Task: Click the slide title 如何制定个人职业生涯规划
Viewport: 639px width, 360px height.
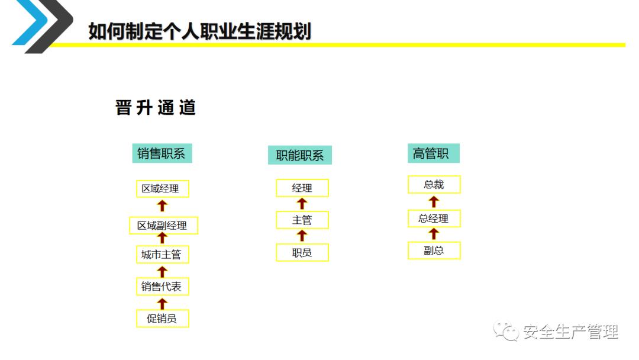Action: tap(199, 31)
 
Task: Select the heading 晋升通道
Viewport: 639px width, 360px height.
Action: tap(156, 108)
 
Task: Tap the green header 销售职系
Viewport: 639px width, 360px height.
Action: tap(162, 153)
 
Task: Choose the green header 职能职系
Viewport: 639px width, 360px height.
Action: tap(300, 155)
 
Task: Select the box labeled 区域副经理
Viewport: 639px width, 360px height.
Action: tap(163, 226)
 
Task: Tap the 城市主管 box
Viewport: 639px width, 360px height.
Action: tap(162, 255)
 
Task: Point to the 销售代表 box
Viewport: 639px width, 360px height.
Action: tap(162, 287)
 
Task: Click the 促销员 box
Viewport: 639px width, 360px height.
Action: tap(162, 319)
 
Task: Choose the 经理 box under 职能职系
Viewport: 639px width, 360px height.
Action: tap(302, 188)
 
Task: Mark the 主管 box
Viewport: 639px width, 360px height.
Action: tap(302, 220)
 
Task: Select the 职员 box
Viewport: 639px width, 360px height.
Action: tap(302, 253)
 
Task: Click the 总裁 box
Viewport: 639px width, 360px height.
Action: tap(434, 185)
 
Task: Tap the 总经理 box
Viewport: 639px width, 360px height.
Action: tap(434, 218)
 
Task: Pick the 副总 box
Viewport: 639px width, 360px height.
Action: tap(434, 250)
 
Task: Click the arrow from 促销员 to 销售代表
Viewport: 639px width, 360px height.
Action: tap(162, 303)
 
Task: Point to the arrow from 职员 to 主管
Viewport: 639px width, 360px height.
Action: tap(302, 236)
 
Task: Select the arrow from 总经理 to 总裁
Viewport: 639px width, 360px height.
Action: tap(434, 201)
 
